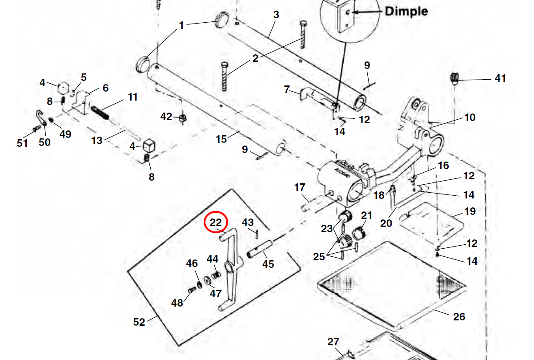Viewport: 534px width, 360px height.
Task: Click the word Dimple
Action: coord(406,11)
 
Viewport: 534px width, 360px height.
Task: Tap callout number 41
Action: coord(500,79)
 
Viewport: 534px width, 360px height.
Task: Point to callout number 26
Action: coord(459,316)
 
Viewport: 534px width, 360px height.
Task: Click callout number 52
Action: coord(139,321)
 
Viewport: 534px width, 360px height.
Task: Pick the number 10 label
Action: coord(470,117)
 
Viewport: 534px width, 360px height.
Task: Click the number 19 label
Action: coord(470,211)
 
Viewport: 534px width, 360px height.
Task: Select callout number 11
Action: coord(132,97)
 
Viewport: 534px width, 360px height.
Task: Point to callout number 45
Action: coord(268,264)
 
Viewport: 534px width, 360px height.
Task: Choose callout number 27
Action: coord(333,342)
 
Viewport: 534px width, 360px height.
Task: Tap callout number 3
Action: coord(276,15)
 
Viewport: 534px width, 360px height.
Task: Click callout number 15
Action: coord(221,139)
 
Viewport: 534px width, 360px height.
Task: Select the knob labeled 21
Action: coord(359,233)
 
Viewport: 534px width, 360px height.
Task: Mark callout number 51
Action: coord(22,143)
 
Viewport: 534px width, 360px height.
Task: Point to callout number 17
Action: coord(300,187)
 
